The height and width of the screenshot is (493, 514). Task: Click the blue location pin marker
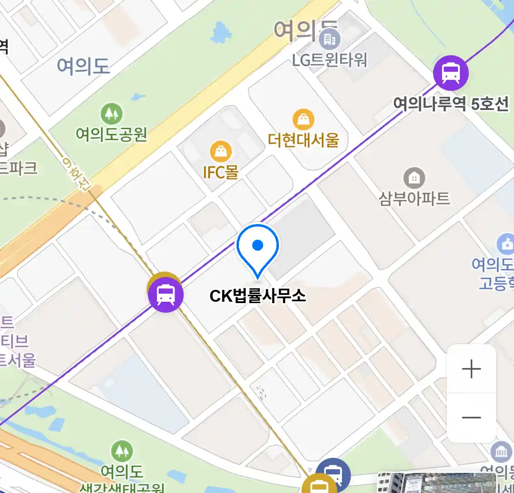258,249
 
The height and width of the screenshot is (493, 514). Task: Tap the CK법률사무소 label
258,296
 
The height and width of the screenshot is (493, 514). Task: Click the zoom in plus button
471,369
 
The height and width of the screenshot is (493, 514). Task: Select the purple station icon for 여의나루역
451,73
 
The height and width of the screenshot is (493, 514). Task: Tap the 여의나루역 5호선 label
451,105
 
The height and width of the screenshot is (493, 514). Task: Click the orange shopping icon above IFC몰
221,152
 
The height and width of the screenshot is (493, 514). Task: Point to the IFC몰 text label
221,172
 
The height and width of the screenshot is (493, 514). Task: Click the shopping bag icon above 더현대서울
303,120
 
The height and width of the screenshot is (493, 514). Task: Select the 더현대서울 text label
303,140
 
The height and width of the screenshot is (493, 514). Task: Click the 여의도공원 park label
111,134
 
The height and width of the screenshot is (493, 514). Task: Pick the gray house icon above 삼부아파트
414,178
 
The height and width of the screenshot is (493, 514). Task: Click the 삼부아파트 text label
414,199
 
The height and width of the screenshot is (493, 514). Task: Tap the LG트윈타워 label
329,60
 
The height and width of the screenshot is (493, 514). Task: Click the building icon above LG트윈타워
329,40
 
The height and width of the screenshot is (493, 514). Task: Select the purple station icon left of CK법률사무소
165,295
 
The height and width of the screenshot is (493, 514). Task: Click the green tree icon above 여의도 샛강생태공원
122,451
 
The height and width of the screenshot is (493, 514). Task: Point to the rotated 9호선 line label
77,173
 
